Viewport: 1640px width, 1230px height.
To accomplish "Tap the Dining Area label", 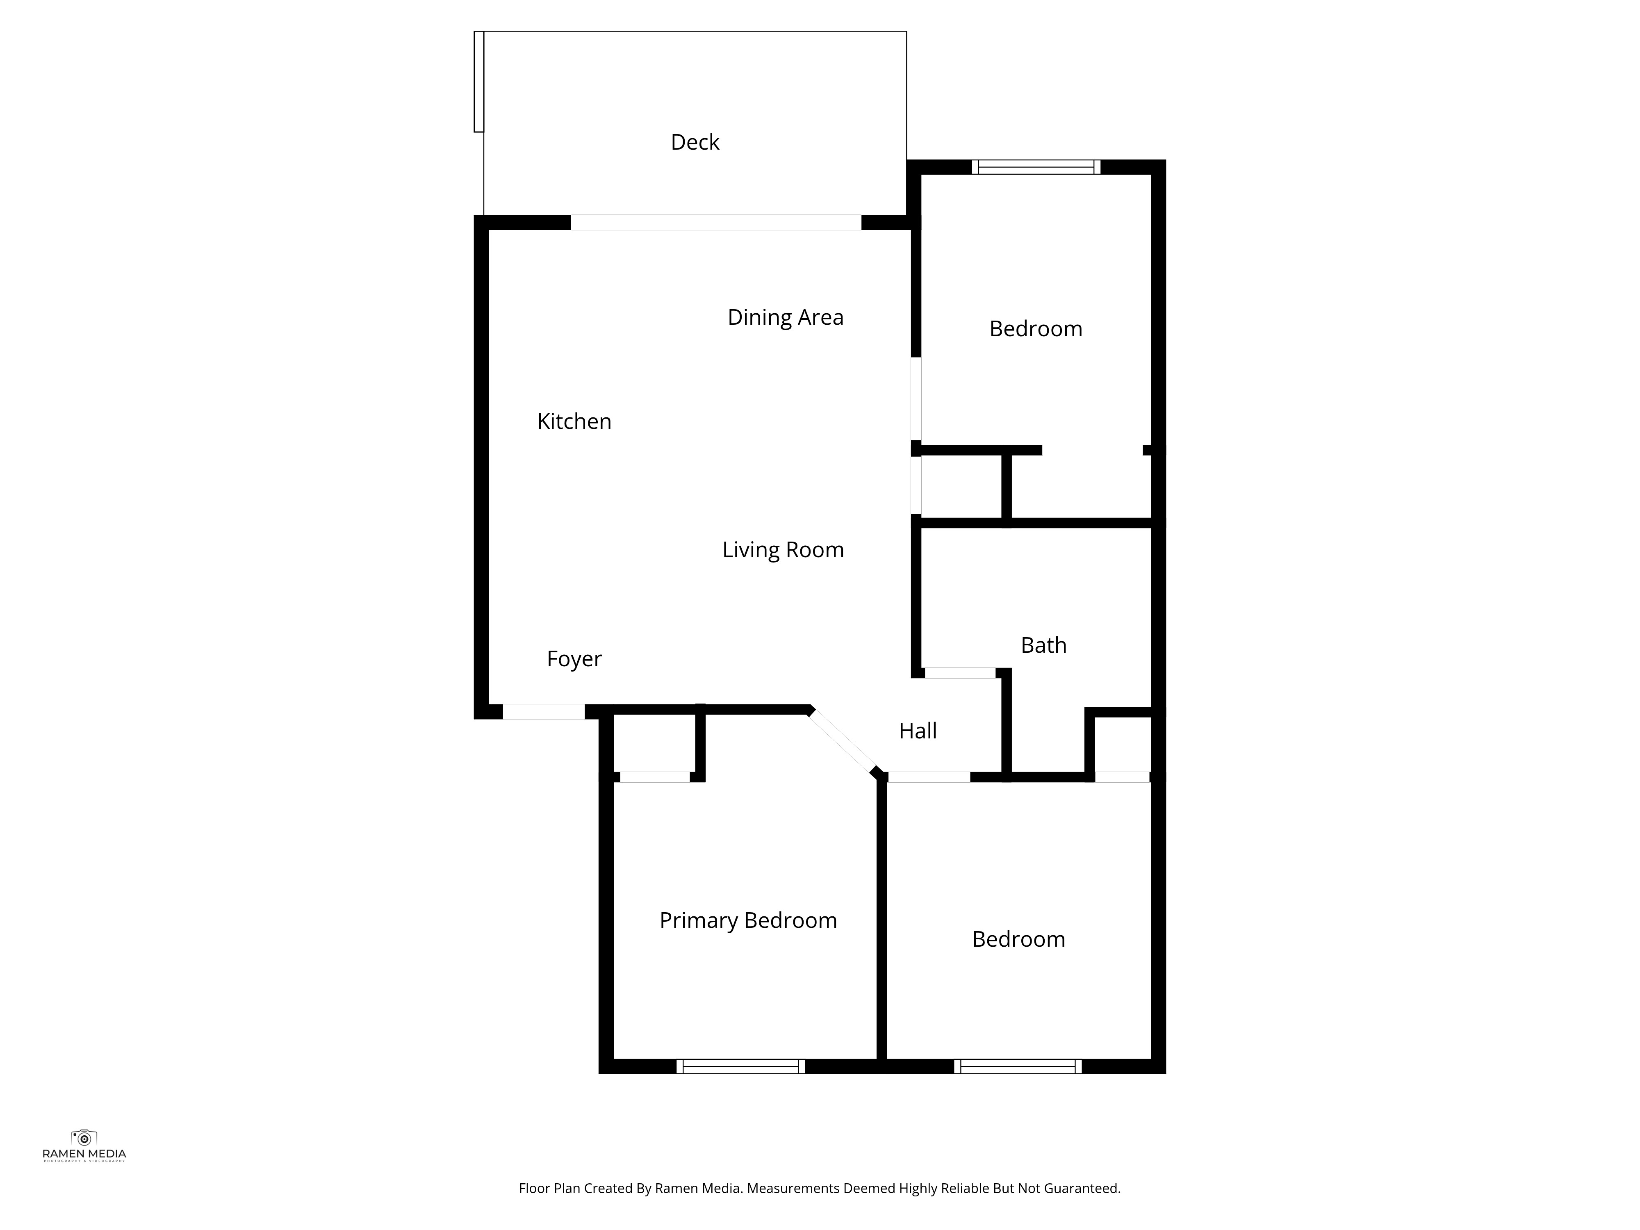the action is click(x=785, y=317).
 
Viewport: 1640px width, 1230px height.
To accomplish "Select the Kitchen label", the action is click(x=574, y=421).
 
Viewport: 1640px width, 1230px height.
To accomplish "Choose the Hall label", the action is click(x=918, y=731).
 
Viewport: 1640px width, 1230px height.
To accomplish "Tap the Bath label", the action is click(x=1043, y=645).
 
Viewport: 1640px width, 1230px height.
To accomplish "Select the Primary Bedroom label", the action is click(x=748, y=920).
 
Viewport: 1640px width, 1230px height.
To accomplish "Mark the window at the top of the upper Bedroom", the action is click(x=1036, y=167).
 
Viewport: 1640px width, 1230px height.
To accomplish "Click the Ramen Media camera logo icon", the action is click(x=84, y=1137).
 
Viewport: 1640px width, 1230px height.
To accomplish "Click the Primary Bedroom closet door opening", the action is click(x=655, y=777).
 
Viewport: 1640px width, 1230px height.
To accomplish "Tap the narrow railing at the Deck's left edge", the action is click(x=479, y=82).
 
